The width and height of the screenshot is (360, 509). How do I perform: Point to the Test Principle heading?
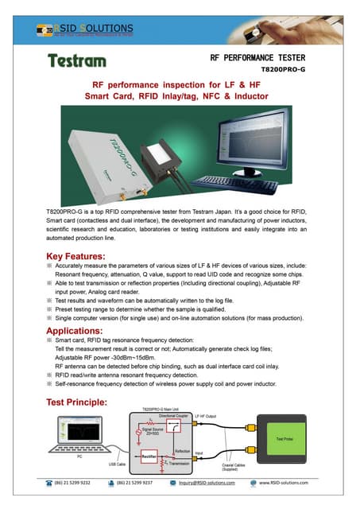(83, 402)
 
